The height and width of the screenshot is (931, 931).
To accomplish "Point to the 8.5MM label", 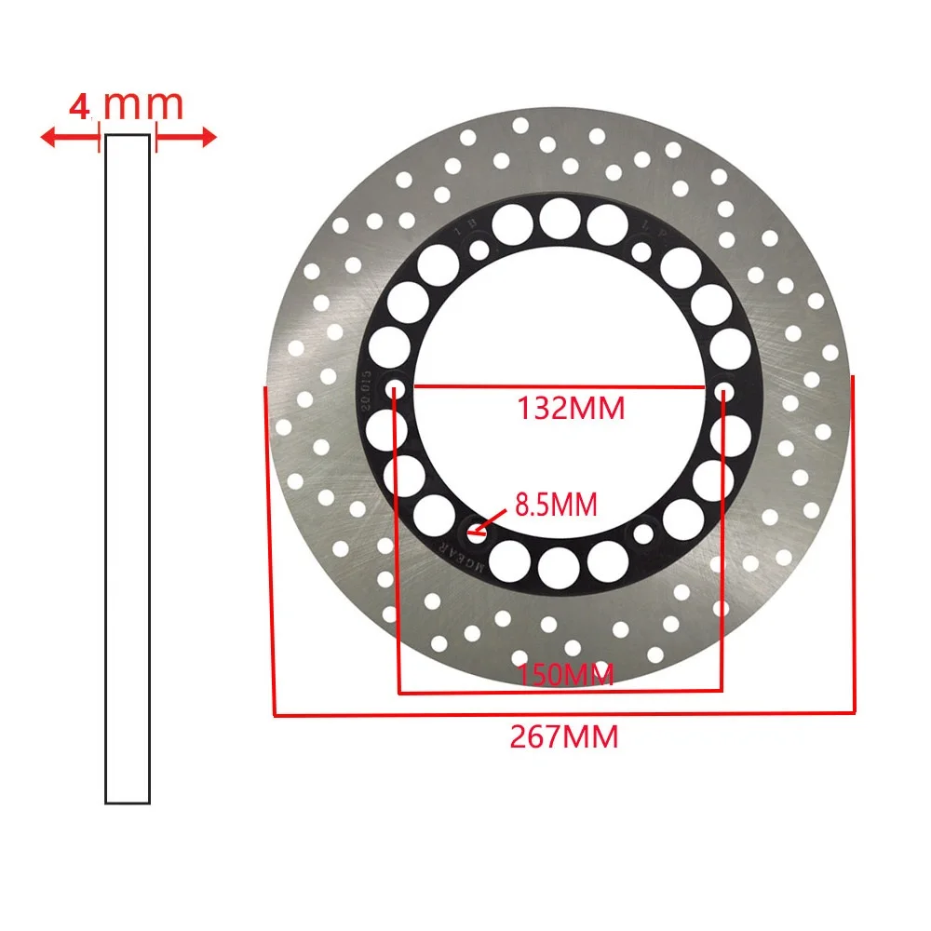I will point(556,506).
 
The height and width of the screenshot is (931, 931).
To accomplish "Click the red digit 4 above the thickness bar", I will point(81,105).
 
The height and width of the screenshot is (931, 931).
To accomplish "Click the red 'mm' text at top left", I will point(143,105).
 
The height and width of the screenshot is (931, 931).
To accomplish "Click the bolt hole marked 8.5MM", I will point(477,534).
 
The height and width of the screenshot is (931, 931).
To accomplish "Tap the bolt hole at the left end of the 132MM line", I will point(395,388).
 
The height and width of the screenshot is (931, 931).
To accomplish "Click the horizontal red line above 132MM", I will point(559,386).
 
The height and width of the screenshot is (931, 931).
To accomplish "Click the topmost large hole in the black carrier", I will point(560,218).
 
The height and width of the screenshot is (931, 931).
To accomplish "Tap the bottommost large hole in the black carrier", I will point(559,565).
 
